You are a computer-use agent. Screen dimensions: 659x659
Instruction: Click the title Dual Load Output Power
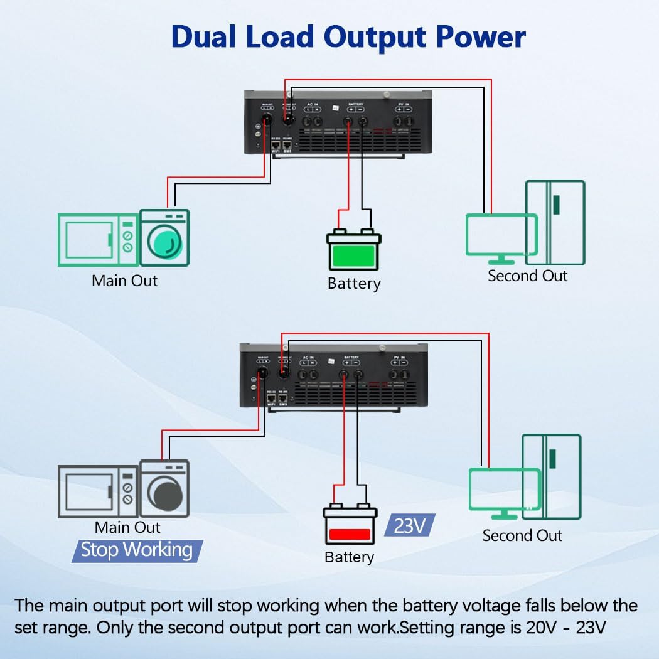[x=348, y=37]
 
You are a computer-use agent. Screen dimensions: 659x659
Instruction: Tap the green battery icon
[x=353, y=251]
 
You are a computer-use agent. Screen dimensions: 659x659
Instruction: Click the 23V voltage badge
[x=409, y=526]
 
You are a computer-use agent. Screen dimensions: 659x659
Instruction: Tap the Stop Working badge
[x=137, y=550]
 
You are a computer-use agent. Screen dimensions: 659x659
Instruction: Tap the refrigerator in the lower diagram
[x=552, y=476]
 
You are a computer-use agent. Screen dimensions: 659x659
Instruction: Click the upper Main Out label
[x=124, y=281]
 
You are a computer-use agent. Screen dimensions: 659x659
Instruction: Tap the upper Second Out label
[x=527, y=276]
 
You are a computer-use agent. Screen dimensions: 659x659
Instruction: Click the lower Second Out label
[x=522, y=535]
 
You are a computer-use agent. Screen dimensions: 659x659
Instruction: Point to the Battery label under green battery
[x=354, y=284]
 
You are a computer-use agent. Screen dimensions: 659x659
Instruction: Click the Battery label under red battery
[x=349, y=557]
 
